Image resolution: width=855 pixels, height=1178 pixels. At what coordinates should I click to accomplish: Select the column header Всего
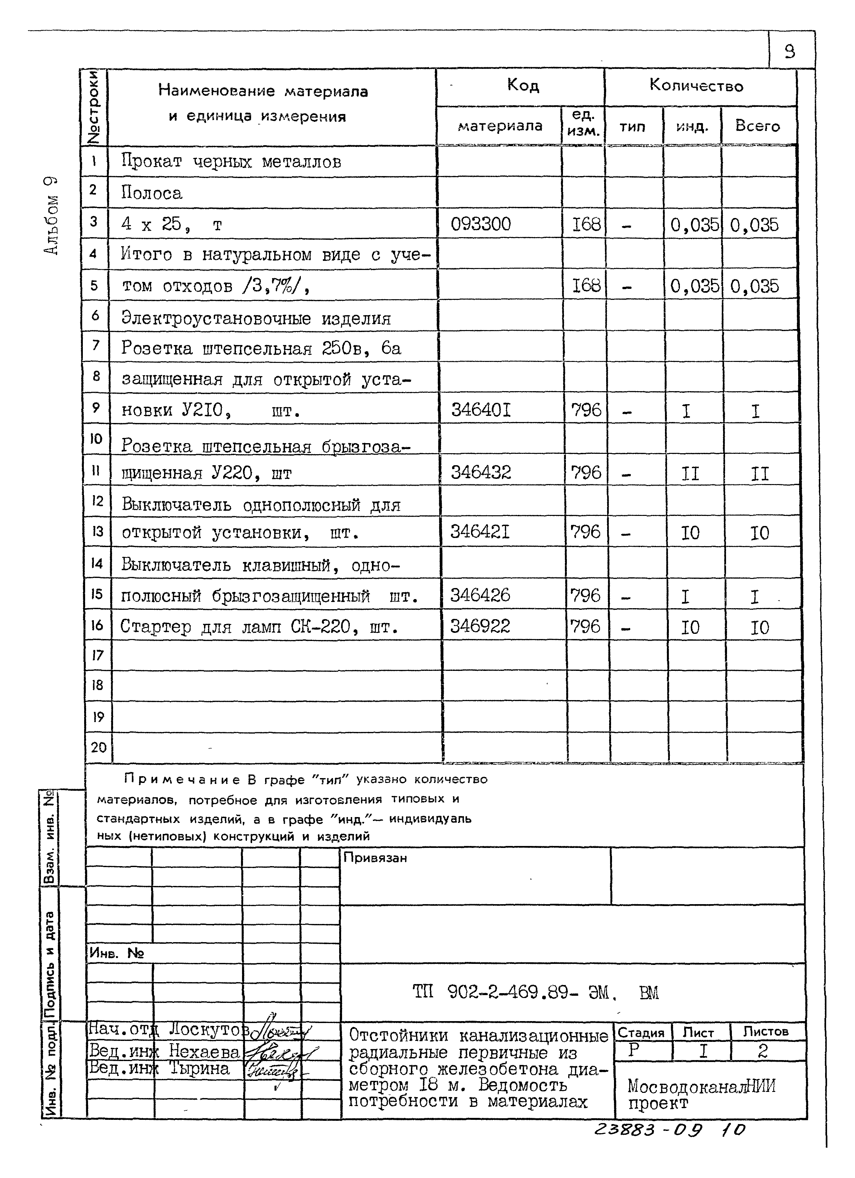pos(757,126)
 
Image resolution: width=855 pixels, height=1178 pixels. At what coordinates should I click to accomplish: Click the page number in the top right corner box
pos(790,51)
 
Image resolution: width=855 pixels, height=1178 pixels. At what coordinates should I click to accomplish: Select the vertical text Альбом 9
pos(51,215)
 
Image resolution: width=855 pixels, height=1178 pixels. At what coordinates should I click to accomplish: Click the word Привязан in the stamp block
pos(375,858)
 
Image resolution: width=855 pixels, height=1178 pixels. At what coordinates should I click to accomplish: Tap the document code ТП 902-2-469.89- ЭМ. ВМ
pos(535,992)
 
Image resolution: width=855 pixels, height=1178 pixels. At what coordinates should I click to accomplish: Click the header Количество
pos(696,86)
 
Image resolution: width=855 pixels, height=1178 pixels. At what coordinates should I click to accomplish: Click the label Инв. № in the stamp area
pos(117,953)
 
